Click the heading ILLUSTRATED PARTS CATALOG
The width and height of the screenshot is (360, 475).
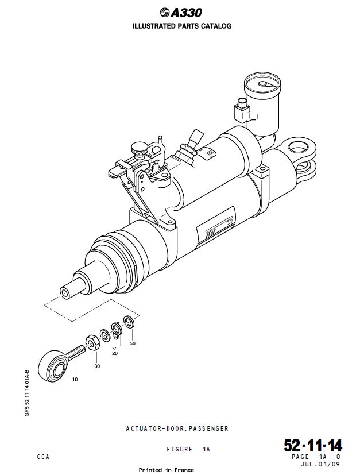click(x=182, y=26)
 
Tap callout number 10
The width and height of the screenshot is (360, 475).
click(x=75, y=379)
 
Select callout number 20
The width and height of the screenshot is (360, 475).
click(x=115, y=353)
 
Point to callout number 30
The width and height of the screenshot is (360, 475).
click(x=97, y=366)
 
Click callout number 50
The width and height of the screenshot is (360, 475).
click(x=133, y=343)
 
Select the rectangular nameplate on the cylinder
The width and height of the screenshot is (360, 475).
click(x=215, y=230)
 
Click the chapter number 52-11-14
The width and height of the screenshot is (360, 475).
click(x=313, y=446)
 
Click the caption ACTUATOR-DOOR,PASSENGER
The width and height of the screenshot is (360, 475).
click(x=177, y=428)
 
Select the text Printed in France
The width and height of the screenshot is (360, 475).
click(x=167, y=470)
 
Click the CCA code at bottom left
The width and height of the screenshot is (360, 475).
click(x=43, y=457)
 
